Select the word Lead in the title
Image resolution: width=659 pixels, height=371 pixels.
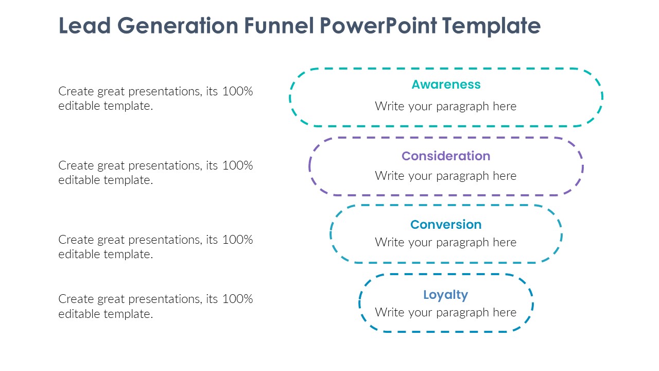tap(84, 25)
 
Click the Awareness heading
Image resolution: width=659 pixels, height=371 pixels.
tap(446, 85)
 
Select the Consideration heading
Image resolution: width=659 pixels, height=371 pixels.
tap(446, 156)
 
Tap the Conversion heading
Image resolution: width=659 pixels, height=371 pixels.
tap(446, 225)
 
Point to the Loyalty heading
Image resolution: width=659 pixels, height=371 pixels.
tap(446, 295)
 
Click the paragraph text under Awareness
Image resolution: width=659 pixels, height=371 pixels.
tap(446, 106)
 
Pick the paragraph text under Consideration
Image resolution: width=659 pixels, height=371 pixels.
tap(446, 176)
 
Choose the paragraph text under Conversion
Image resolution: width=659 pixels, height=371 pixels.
tap(446, 242)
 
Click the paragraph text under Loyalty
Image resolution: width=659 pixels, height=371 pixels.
tap(446, 312)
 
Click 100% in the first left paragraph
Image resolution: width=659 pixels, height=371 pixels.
tap(237, 92)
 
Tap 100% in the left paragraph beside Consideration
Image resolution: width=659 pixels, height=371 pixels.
tap(237, 166)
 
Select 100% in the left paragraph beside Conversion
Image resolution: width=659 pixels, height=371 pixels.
tap(237, 240)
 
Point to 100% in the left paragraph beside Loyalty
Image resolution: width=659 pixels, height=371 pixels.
tap(237, 299)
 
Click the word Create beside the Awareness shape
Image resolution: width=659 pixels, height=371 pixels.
tap(75, 92)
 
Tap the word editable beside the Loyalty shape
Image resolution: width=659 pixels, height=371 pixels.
tap(79, 314)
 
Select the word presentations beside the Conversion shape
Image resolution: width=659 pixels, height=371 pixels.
tap(164, 240)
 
